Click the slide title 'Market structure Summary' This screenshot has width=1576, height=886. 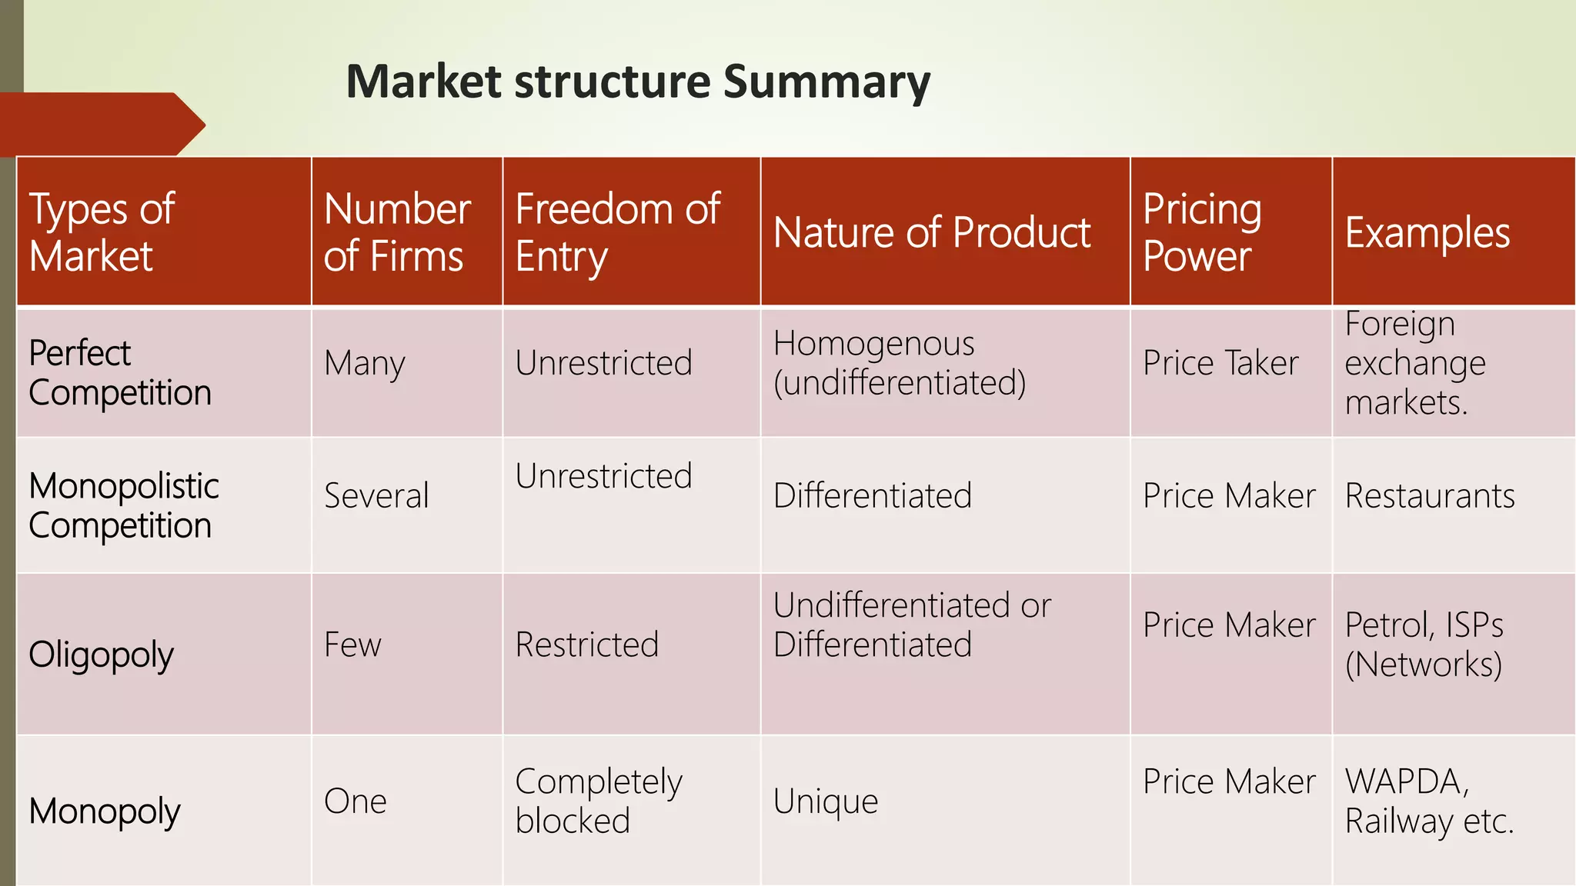638,82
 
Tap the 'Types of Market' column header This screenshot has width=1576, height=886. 102,232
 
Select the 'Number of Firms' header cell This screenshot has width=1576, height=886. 397,232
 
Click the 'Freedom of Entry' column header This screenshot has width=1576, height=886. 617,232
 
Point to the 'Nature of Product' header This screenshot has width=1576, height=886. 932,232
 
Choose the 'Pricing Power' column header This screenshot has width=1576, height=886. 1202,232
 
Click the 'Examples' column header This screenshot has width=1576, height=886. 1427,232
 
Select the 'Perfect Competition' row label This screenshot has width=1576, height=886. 119,373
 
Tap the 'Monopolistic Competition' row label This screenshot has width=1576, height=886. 123,505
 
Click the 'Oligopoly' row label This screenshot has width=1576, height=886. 101,655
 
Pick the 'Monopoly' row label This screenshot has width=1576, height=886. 105,811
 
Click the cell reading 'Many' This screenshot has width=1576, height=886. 364,363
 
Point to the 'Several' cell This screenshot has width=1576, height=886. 376,496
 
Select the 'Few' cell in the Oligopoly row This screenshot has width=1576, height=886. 352,645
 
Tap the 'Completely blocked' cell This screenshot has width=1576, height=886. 598,801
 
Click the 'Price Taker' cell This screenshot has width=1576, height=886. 1220,363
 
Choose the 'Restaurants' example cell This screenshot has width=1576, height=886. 1430,496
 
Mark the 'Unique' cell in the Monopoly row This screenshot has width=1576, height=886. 825,801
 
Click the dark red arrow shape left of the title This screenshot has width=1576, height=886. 100,125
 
